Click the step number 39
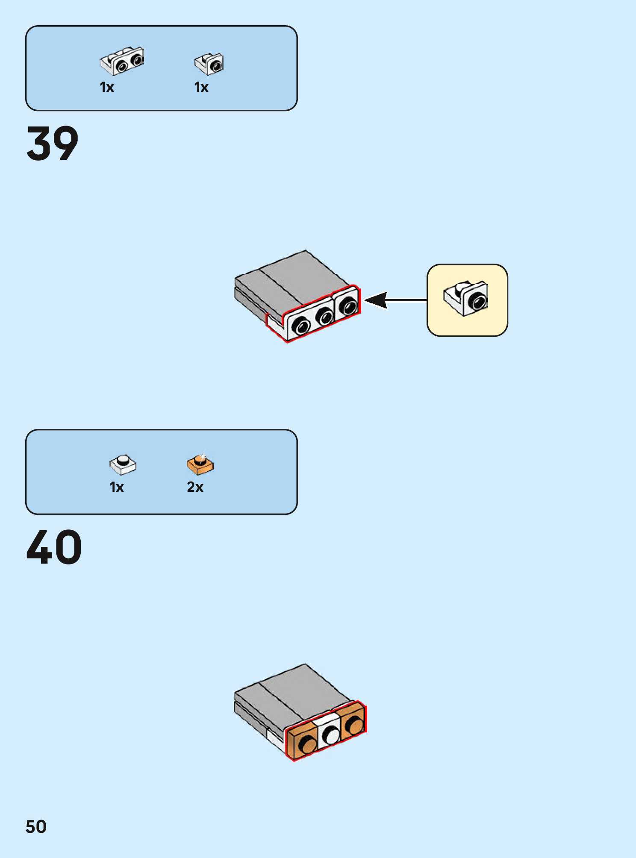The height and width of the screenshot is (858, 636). pos(53,144)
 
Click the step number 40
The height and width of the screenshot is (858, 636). pos(54,547)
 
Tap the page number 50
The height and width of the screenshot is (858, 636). pos(36,827)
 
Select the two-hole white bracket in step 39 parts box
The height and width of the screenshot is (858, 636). pos(122,61)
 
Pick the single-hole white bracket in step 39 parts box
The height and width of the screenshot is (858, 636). pos(209,63)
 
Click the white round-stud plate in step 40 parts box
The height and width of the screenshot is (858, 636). pos(123,464)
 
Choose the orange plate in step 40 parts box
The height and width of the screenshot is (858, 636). pos(200,464)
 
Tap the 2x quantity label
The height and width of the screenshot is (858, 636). pos(195,487)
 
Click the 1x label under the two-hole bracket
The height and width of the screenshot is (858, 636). pos(107,88)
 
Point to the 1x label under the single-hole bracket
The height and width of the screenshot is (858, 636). pos(201,88)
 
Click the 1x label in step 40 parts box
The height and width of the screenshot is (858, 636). pos(117,487)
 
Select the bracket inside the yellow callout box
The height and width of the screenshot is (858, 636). pos(466,299)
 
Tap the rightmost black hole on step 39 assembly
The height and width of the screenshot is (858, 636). pos(348,306)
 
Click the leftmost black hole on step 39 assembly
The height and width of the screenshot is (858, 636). pos(301,326)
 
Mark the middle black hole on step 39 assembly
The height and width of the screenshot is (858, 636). pos(325,317)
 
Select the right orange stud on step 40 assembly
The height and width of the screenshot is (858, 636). pos(354,726)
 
